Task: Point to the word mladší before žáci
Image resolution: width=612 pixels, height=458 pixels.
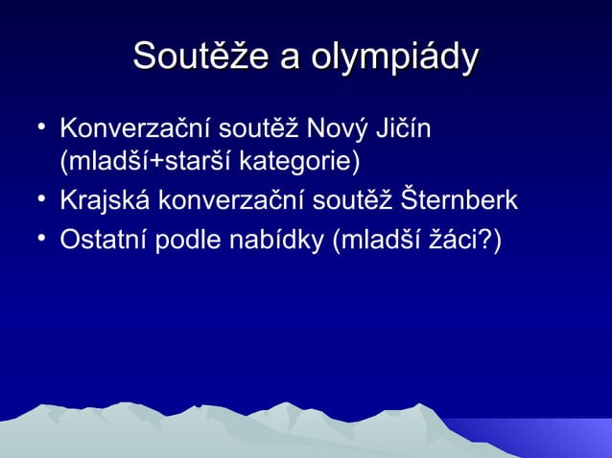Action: coord(381,238)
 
